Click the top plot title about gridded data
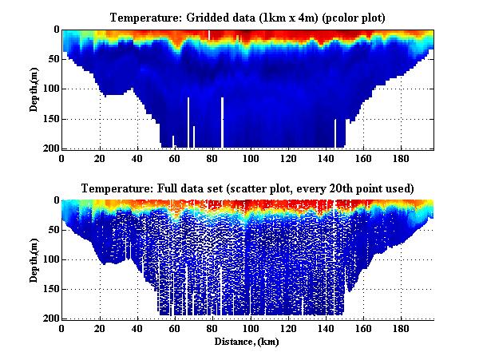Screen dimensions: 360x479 click(x=247, y=17)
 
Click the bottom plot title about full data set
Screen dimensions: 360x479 click(x=247, y=188)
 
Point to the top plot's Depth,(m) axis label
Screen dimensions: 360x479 click(x=35, y=89)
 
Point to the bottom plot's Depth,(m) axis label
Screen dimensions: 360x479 click(x=35, y=259)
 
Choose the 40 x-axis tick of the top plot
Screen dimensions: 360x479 click(x=137, y=158)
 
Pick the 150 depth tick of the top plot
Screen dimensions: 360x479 click(x=49, y=119)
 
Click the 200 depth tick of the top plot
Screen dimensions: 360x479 click(x=49, y=148)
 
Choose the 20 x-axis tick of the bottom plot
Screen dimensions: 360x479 click(x=99, y=329)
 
